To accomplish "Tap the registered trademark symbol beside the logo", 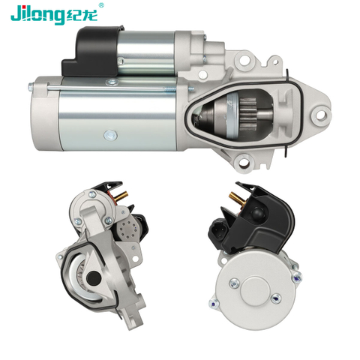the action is [x=101, y=5].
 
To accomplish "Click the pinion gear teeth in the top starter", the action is [x=247, y=114].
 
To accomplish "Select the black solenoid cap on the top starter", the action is [x=93, y=52].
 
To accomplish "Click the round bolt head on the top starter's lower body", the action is [x=110, y=135].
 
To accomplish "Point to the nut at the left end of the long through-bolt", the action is [x=30, y=87].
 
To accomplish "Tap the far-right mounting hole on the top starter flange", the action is [x=320, y=115].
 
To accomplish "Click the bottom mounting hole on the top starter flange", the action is [x=244, y=163].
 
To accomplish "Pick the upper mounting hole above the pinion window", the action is [x=243, y=60].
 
